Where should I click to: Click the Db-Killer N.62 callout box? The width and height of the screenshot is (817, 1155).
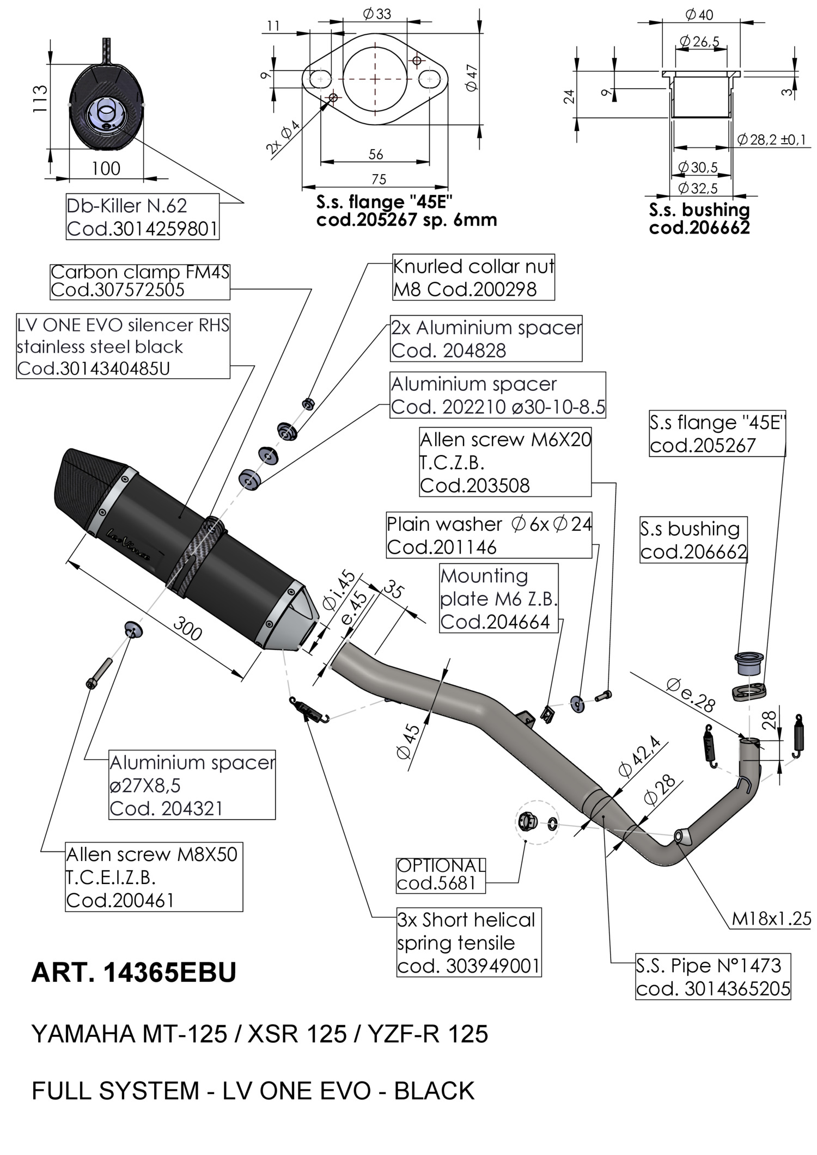[x=142, y=217]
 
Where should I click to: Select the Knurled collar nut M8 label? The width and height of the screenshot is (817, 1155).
[x=473, y=278]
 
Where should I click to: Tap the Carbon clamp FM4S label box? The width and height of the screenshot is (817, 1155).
[x=139, y=281]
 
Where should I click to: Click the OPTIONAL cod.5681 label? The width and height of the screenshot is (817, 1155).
[x=440, y=875]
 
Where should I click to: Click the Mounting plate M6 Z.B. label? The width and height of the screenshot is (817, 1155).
[x=498, y=598]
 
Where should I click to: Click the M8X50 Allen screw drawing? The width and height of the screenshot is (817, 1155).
[x=98, y=673]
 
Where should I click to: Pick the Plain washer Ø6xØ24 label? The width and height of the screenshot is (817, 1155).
[x=489, y=535]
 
